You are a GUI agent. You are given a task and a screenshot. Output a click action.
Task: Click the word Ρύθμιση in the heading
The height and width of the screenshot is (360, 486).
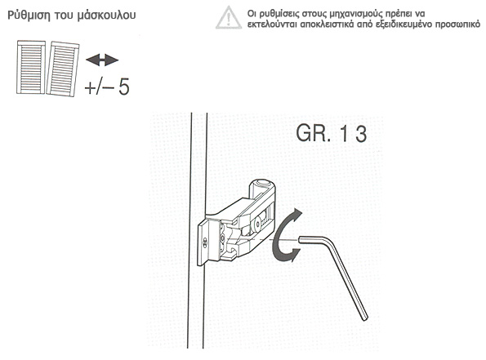click(x=29, y=16)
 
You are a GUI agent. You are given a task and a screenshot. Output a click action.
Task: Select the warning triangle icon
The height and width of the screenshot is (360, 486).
click(x=229, y=17)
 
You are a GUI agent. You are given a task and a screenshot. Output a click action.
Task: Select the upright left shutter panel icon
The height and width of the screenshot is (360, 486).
click(x=31, y=68)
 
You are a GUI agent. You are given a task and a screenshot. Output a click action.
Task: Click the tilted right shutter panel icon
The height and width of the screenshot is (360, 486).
click(x=63, y=69)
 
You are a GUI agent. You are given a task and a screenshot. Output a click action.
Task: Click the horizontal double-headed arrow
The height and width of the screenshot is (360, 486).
click(x=102, y=60)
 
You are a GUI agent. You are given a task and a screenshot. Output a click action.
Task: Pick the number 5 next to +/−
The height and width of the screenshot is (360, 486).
click(x=124, y=87)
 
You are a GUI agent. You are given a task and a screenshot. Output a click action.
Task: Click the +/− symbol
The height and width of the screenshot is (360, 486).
click(x=99, y=87)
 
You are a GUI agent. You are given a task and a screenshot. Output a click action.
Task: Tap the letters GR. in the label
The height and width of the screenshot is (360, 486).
click(x=313, y=133)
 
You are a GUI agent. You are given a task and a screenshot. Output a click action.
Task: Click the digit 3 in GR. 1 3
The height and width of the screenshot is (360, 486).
click(x=361, y=134)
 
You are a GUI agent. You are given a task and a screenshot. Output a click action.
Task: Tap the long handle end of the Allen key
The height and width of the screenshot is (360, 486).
click(x=365, y=318)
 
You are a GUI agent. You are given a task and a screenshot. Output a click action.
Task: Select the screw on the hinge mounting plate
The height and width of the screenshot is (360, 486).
click(x=205, y=243)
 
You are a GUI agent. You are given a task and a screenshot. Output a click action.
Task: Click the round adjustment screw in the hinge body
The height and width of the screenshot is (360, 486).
click(x=256, y=225)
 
